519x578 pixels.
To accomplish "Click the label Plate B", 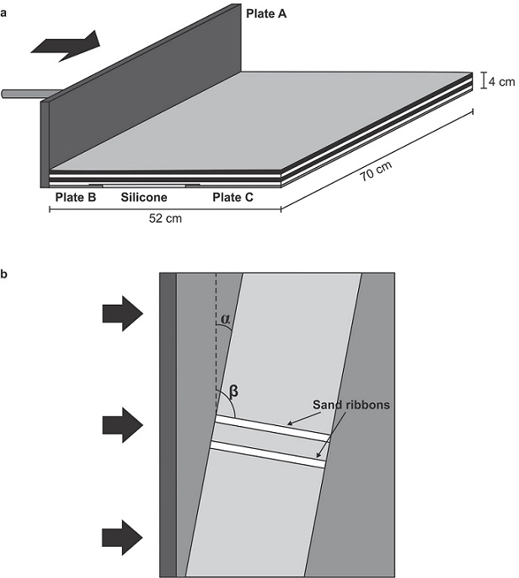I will point(75,197).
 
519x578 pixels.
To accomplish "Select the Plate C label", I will point(233,197).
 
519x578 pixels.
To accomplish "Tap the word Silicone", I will point(144,197).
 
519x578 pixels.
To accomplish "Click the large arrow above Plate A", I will point(67,41).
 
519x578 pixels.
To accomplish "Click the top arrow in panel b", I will point(124,314).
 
